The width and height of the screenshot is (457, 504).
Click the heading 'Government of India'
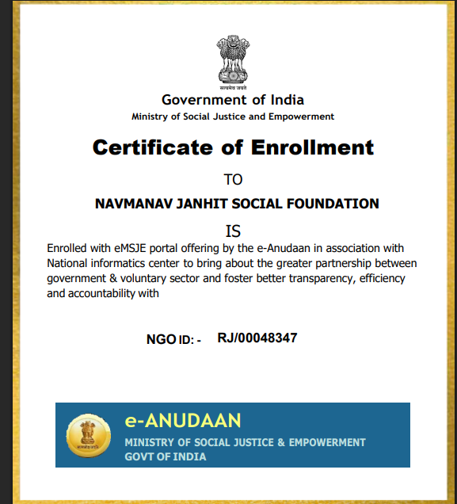pos(233,100)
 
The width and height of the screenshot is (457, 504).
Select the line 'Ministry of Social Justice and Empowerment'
pos(233,116)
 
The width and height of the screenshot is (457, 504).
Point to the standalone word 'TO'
pos(233,179)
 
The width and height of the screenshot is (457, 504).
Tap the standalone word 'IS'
pos(233,231)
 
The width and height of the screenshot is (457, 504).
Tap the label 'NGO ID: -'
pos(173,339)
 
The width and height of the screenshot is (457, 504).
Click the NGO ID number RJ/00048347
pos(257,338)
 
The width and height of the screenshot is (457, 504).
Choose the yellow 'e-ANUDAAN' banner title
pos(182,420)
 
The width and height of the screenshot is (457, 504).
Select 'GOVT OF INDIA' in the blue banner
pos(166,456)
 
